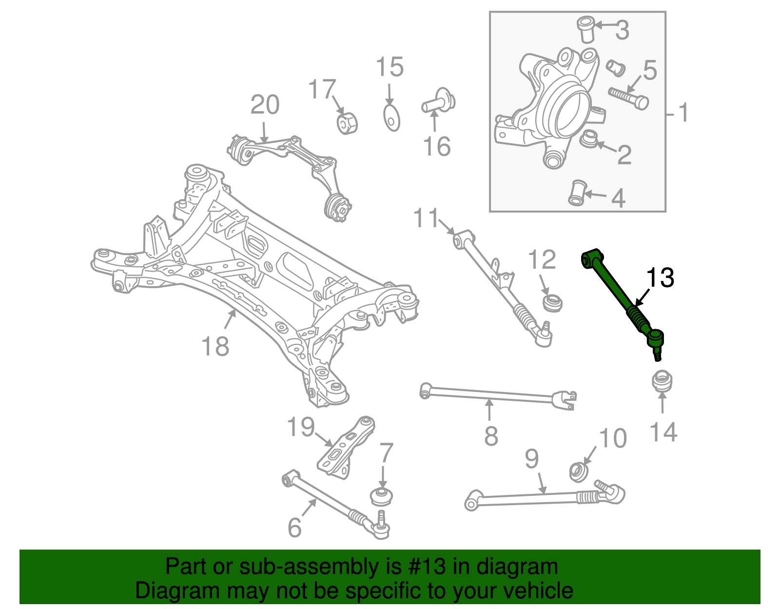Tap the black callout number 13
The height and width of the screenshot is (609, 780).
point(660,278)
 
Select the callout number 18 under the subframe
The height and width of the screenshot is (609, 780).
point(215,347)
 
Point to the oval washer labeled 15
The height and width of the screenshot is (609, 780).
point(391,118)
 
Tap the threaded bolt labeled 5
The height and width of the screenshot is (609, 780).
point(628,98)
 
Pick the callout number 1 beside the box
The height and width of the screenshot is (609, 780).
point(684,113)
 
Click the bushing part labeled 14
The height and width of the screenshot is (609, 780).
point(662,381)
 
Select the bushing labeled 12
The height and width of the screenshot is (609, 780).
point(553,302)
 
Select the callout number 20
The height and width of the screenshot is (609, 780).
point(265,105)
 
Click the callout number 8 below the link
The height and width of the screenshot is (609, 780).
point(491,435)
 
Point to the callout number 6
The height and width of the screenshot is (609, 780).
point(294,527)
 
